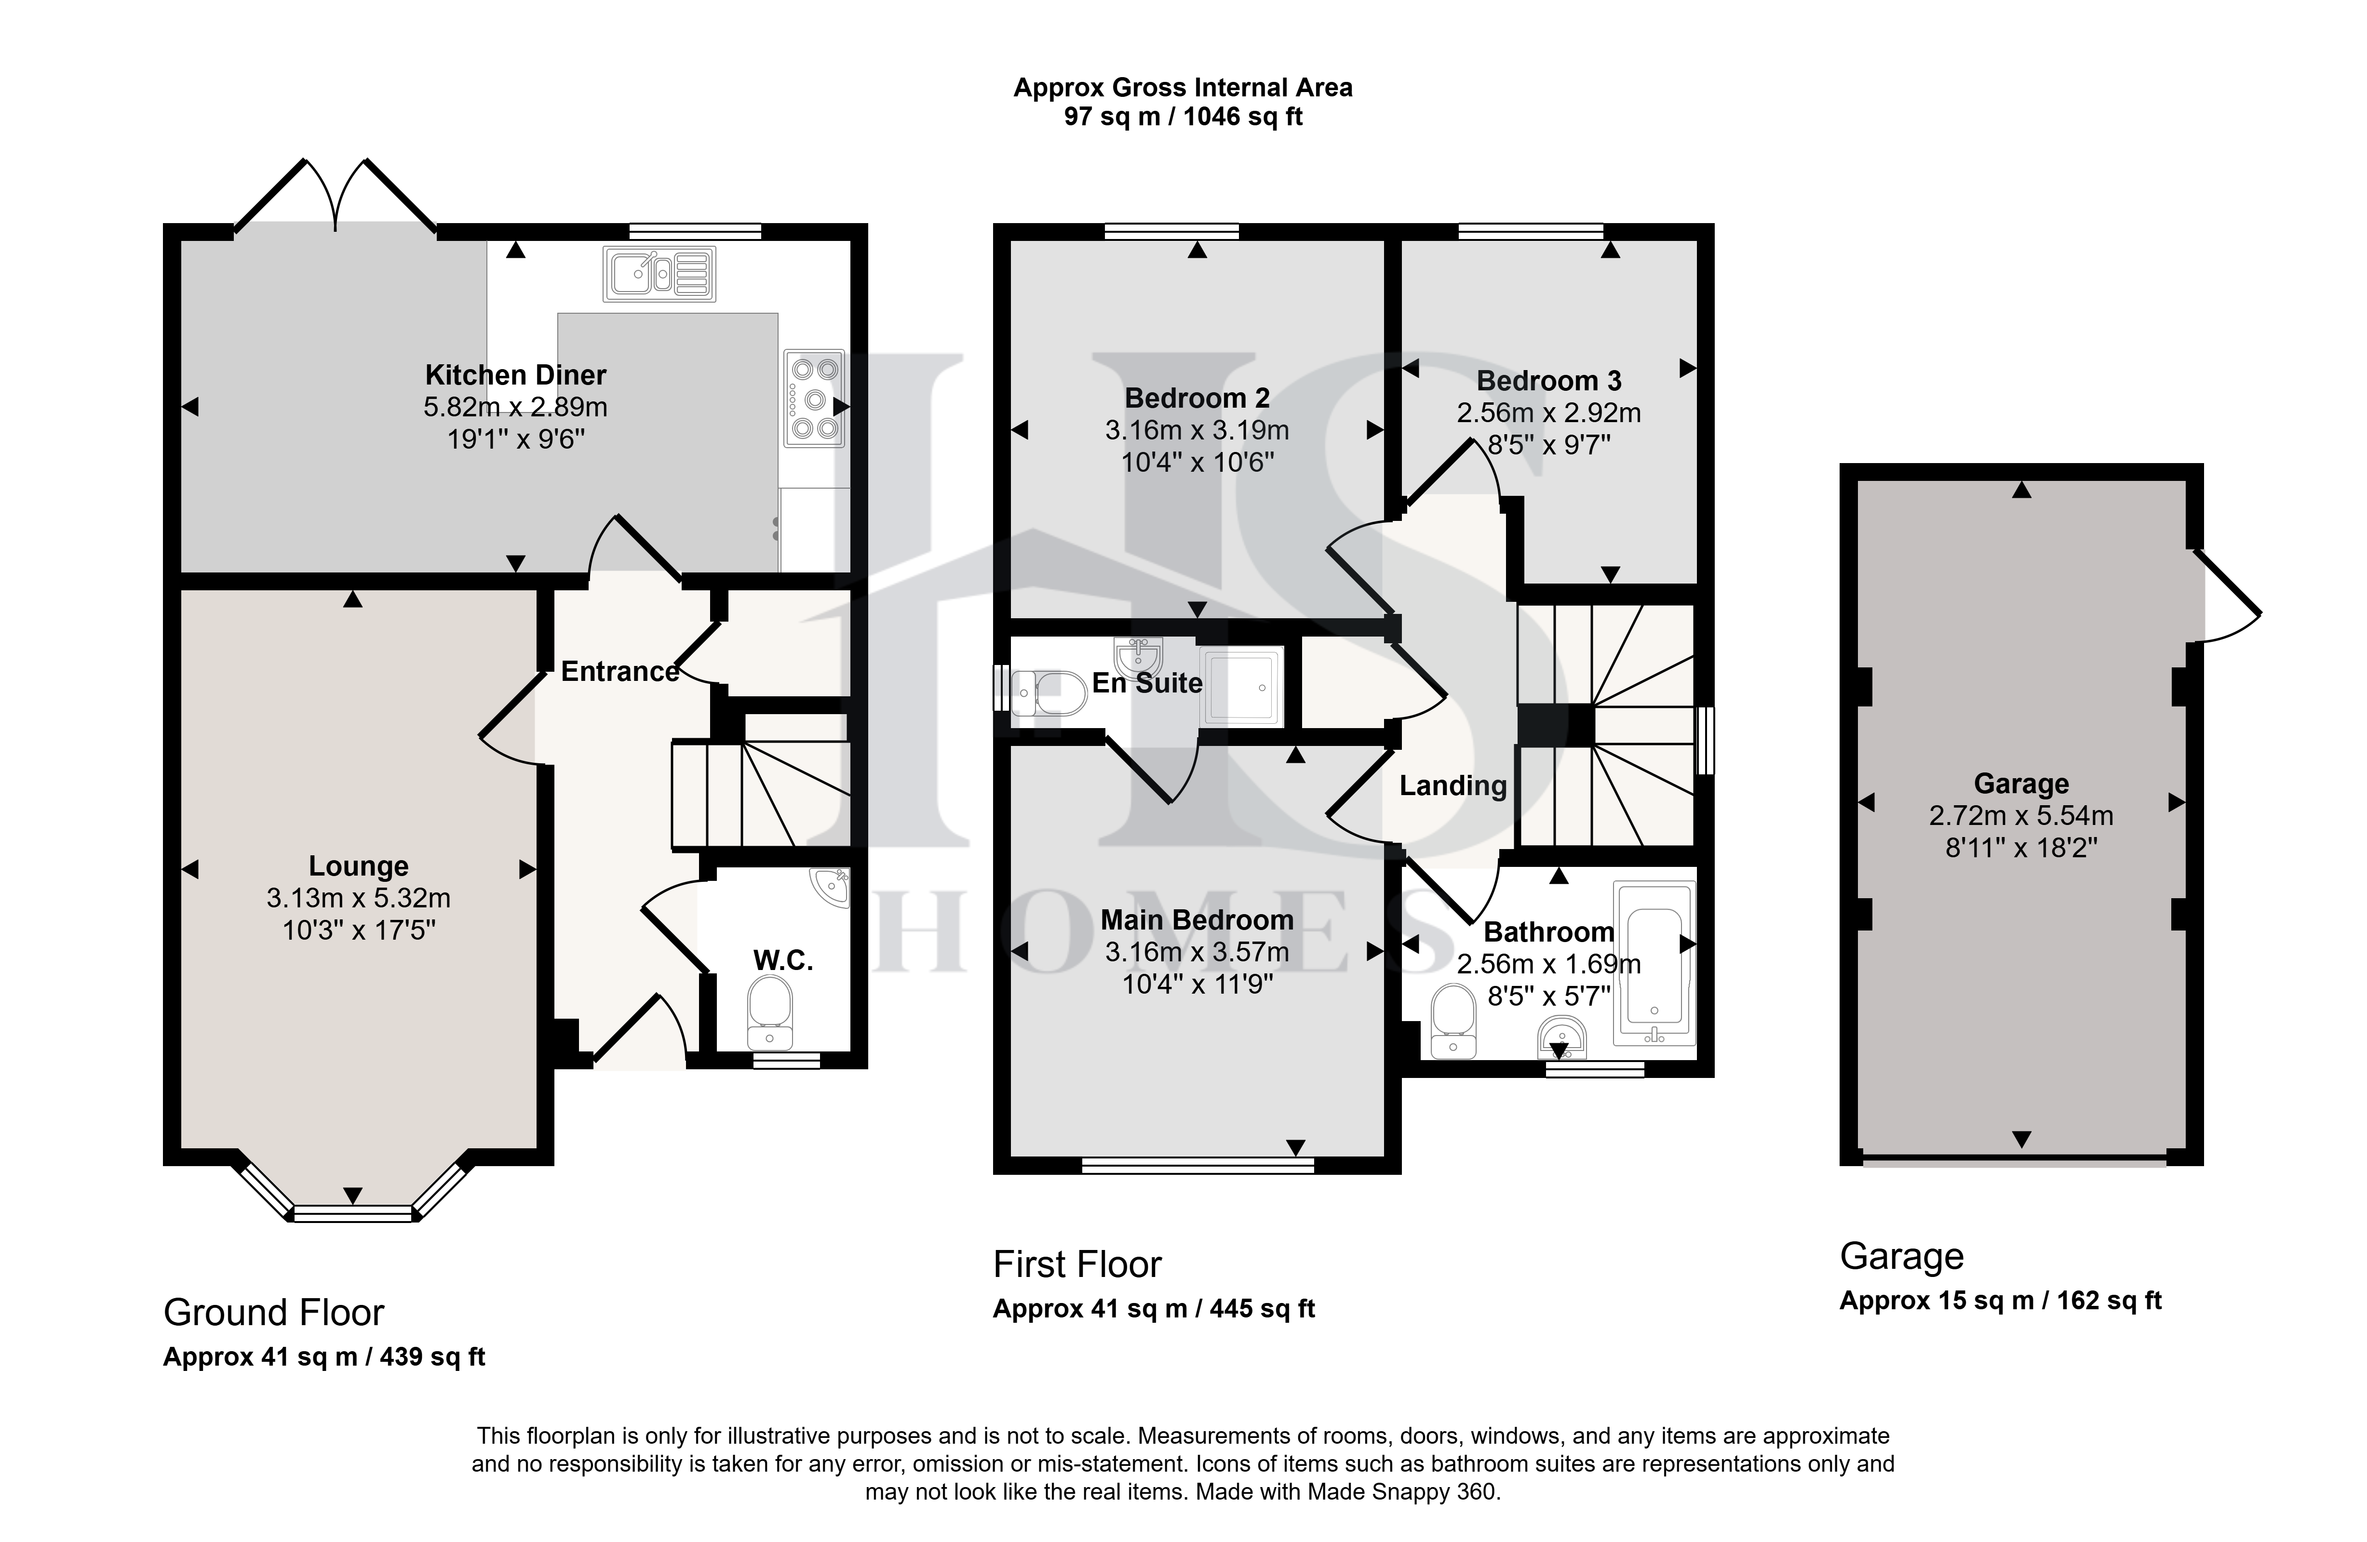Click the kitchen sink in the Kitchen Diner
pyautogui.click(x=659, y=273)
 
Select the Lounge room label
pyautogui.click(x=358, y=866)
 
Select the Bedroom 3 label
pyautogui.click(x=1548, y=381)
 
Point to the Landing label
pyautogui.click(x=1453, y=786)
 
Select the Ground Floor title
pyautogui.click(x=273, y=1312)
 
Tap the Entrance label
pyautogui.click(x=619, y=672)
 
